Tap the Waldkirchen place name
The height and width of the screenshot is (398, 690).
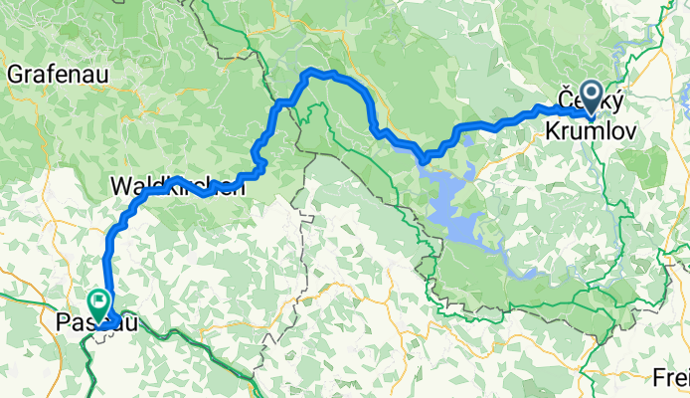pyautogui.click(x=176, y=186)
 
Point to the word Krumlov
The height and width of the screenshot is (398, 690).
pyautogui.click(x=586, y=130)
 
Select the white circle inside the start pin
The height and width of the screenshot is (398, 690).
pyautogui.click(x=592, y=96)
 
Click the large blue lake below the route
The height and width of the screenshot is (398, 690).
pyautogui.click(x=456, y=209)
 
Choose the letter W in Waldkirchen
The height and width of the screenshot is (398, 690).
pyautogui.click(x=118, y=186)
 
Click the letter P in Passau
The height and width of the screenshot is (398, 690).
pyautogui.click(x=64, y=322)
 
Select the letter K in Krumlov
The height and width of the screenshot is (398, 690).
pyautogui.click(x=553, y=130)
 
